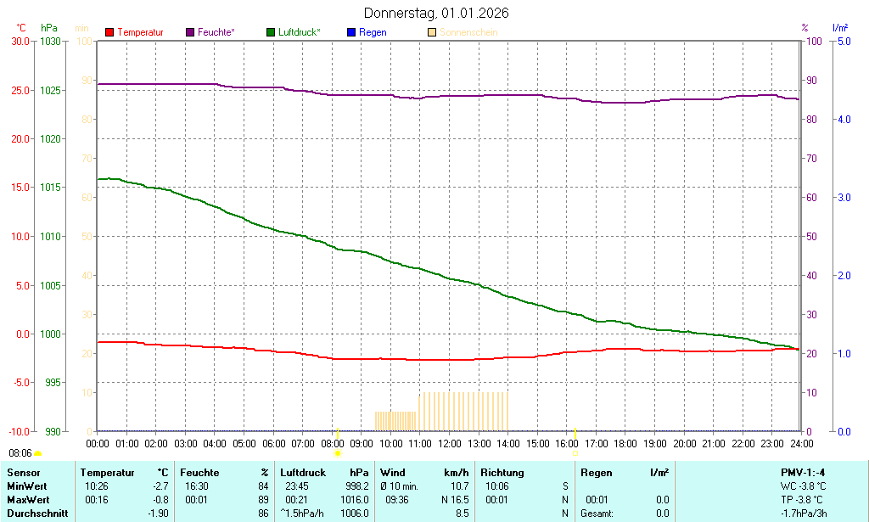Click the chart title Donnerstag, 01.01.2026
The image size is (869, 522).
point(436,14)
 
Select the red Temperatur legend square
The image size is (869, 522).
point(109,32)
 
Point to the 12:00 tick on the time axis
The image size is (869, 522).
point(449,443)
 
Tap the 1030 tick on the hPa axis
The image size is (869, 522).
point(50,41)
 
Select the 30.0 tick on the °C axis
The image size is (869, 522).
point(20,41)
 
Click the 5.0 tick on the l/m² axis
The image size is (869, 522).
point(844,41)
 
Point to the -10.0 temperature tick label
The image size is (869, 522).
point(19,431)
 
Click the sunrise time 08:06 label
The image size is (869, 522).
point(20,453)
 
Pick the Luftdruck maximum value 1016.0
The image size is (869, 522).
point(355,500)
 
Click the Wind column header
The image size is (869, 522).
point(393,473)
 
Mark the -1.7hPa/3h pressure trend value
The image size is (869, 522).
point(803,514)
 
